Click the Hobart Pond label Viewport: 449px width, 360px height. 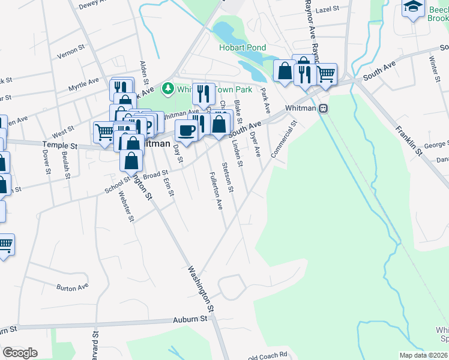pyautogui.click(x=243, y=47)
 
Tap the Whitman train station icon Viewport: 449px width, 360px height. pyautogui.click(x=324, y=108)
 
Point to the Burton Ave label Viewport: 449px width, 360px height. pyautogui.click(x=72, y=288)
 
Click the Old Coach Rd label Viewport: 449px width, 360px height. pyautogui.click(x=268, y=355)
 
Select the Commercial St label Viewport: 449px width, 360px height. pyautogui.click(x=285, y=140)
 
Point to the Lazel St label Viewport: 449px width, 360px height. pyautogui.click(x=328, y=10)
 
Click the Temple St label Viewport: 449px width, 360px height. pyautogui.click(x=60, y=145)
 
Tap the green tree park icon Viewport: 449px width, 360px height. pyautogui.click(x=168, y=89)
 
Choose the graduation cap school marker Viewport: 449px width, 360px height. pyautogui.click(x=413, y=7)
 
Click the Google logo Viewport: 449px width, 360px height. pyautogui.click(x=20, y=353)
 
